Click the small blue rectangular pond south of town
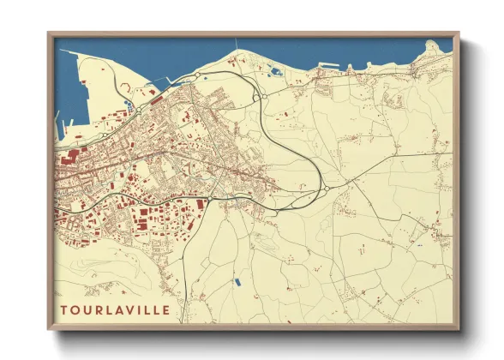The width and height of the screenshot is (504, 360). [x=237, y=280]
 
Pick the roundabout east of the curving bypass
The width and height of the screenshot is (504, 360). [x=327, y=189]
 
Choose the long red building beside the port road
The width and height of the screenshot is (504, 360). [x=158, y=99]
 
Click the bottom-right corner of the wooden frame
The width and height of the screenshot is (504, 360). [x=459, y=329]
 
